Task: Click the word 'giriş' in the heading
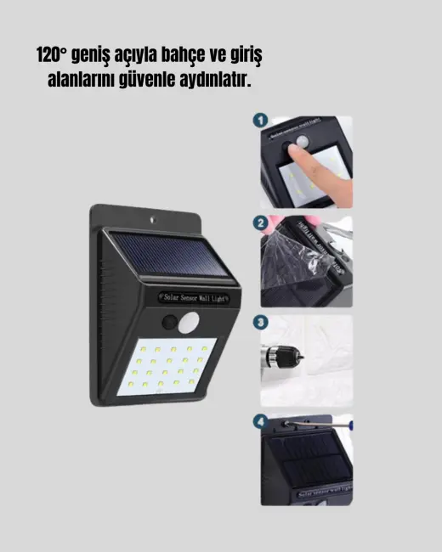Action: tap(244, 56)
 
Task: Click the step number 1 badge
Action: tap(260, 122)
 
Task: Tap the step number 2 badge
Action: tap(260, 223)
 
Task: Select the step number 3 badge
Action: tap(260, 323)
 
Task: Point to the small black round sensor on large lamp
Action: tap(168, 324)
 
